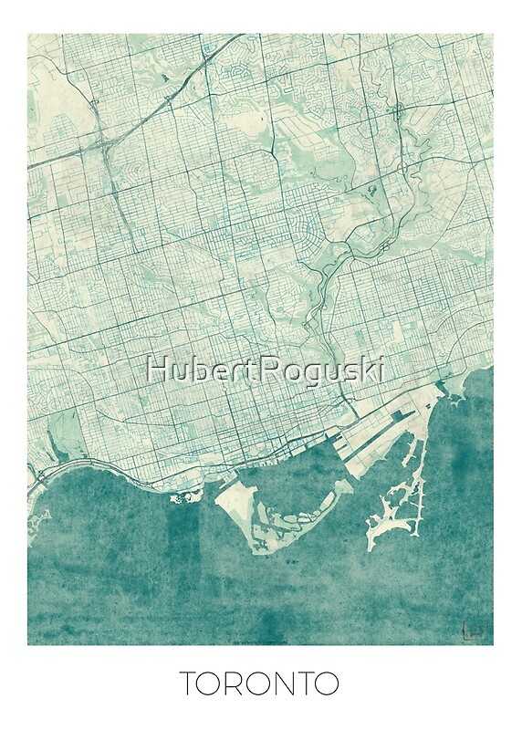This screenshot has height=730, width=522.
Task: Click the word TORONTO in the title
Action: click(259, 683)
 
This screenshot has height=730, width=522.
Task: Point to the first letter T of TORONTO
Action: click(187, 683)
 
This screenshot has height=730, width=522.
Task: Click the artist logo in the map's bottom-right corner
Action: click(472, 629)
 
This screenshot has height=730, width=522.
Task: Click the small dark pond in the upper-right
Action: click(371, 190)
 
